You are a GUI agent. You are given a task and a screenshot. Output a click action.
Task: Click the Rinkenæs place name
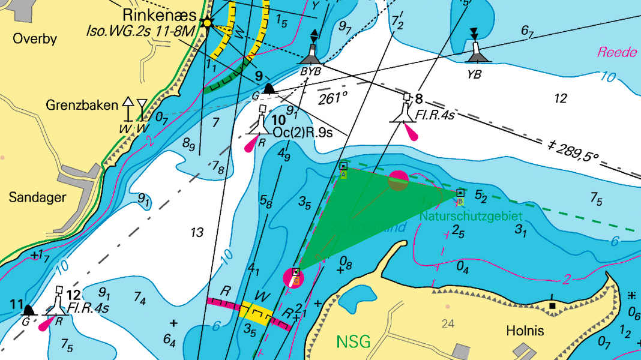[x=159, y=14]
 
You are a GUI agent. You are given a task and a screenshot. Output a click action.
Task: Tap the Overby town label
[x=35, y=40]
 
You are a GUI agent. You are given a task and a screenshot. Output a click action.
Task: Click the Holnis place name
[x=525, y=331]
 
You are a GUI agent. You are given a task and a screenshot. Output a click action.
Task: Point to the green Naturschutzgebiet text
[x=471, y=215]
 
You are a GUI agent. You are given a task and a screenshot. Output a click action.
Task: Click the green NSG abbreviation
[x=353, y=341]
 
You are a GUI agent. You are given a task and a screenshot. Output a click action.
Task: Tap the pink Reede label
[x=616, y=52]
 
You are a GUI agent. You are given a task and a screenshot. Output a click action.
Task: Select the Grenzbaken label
[x=82, y=106]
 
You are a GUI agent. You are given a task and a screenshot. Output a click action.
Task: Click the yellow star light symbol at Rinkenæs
[x=208, y=23]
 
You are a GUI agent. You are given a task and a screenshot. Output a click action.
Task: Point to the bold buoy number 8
[x=419, y=98]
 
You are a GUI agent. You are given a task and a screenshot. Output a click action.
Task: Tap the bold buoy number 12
[x=74, y=295]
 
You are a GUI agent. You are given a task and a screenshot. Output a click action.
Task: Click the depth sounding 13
[x=196, y=233]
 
